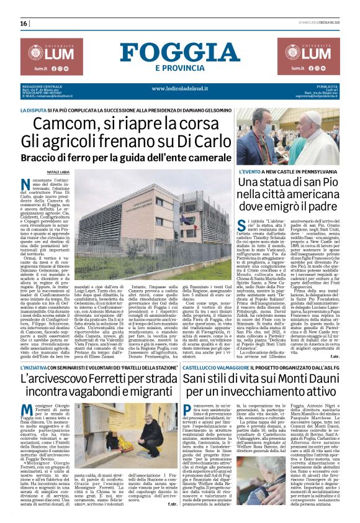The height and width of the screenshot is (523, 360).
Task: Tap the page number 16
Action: [x=24, y=24]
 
